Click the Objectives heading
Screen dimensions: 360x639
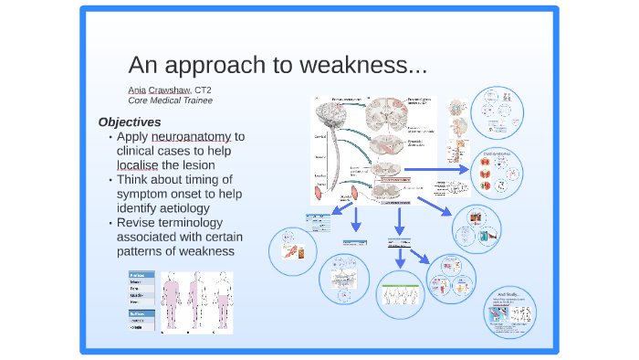pyautogui.click(x=130, y=122)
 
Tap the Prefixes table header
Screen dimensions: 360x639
pyautogui.click(x=138, y=274)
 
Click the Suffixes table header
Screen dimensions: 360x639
pyautogui.click(x=138, y=312)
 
